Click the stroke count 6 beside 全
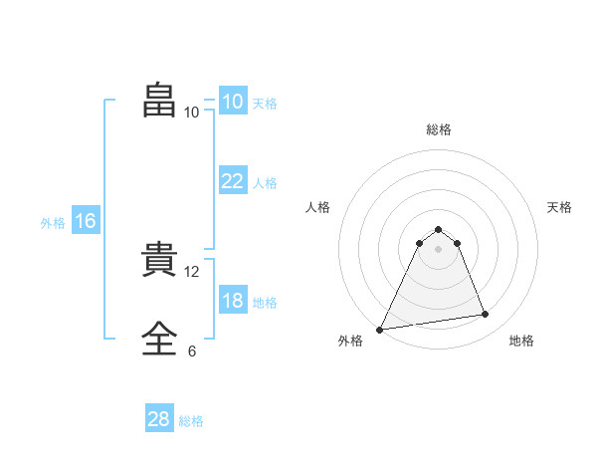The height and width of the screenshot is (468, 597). (x=192, y=351)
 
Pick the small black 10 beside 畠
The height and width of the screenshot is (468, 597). (x=192, y=113)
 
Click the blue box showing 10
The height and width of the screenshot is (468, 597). (x=233, y=102)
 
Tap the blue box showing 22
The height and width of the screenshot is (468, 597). (x=233, y=181)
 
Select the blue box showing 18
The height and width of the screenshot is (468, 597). (x=233, y=301)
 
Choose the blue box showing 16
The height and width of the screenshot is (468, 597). (x=86, y=221)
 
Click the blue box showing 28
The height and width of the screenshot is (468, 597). (x=159, y=419)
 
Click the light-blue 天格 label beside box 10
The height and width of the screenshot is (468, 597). (x=265, y=104)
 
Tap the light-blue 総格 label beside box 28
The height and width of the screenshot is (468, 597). (x=191, y=421)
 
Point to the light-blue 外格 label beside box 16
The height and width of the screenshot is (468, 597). (x=53, y=223)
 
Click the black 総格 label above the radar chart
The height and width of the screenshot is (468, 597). (x=439, y=129)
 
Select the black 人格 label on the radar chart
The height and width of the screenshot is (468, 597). (x=318, y=207)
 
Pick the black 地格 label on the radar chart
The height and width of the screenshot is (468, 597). (x=521, y=341)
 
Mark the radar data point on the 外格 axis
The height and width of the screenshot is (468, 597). (x=380, y=330)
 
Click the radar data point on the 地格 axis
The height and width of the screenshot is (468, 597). (x=486, y=315)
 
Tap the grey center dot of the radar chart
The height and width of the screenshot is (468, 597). (x=439, y=249)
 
